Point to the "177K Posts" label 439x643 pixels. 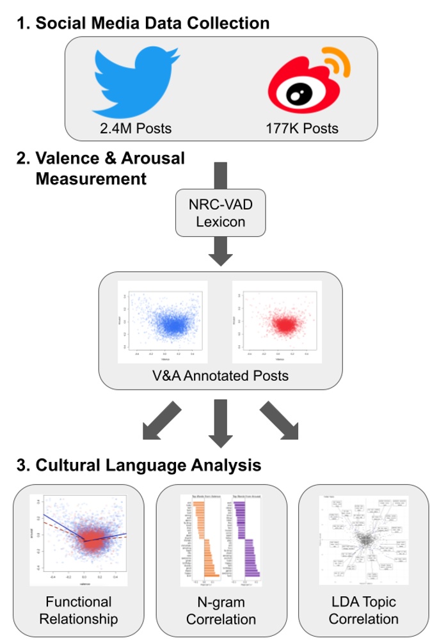point(302,128)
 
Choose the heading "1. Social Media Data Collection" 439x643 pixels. point(142,24)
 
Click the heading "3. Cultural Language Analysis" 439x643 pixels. point(138,464)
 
